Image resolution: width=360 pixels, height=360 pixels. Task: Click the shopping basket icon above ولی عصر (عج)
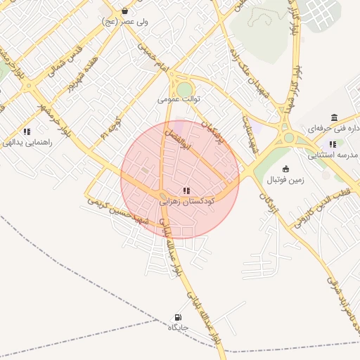coord(124,11)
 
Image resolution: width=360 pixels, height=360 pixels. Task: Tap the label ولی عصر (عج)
coord(124,22)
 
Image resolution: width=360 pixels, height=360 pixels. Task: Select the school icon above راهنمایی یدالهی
coord(27,131)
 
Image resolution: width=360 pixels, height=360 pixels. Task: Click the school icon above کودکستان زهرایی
coord(186,191)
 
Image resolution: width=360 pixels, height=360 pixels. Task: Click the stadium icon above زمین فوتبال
coord(285,169)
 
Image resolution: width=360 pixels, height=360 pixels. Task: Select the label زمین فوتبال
coord(284,180)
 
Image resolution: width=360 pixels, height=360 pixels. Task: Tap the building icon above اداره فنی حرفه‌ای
coord(333,117)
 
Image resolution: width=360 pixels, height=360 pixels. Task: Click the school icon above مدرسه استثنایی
coord(333,144)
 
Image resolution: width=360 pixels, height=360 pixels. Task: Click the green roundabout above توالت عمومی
coord(184,89)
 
